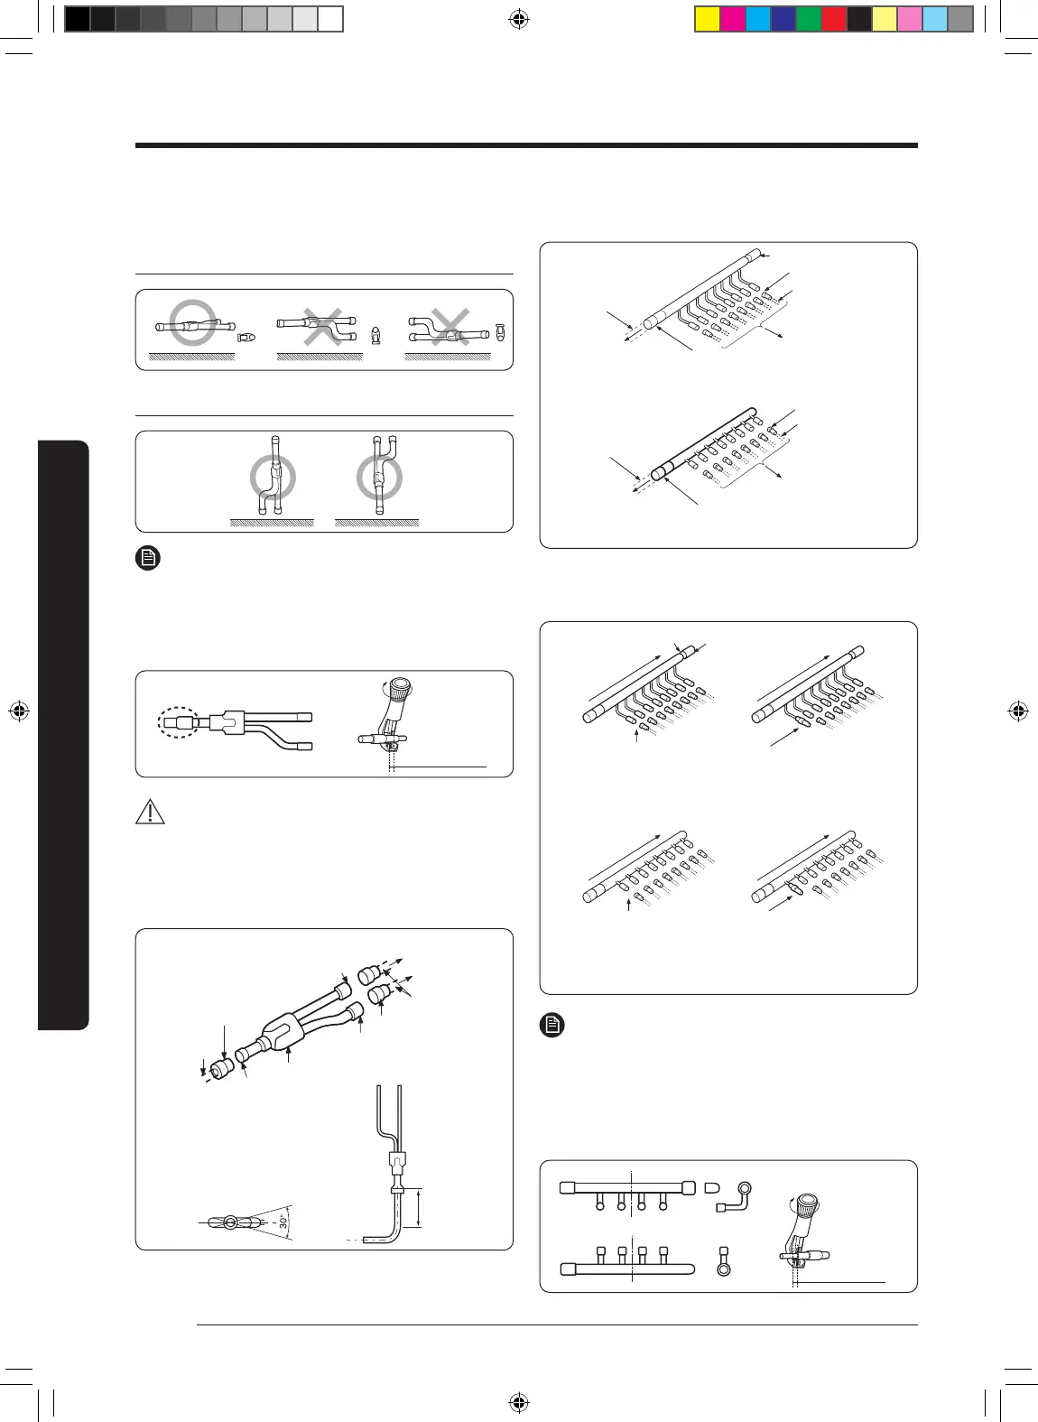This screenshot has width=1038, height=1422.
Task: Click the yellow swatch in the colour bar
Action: (x=707, y=19)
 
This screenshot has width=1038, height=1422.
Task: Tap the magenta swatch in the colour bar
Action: (x=732, y=19)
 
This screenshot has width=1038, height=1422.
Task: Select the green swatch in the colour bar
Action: (x=808, y=19)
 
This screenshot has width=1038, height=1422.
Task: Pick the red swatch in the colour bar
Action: (x=833, y=19)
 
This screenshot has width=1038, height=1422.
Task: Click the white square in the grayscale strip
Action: (x=330, y=19)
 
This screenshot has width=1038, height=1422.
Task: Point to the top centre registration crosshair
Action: (x=518, y=19)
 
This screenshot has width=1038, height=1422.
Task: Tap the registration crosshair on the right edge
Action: (x=1018, y=711)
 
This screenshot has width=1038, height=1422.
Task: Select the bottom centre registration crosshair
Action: (x=518, y=1402)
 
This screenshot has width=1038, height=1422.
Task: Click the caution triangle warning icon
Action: (x=150, y=812)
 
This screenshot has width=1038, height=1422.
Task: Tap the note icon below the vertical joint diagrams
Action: (x=148, y=558)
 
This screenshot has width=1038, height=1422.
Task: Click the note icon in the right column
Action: (x=552, y=1025)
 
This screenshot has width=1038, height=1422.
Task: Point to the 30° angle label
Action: (x=283, y=1222)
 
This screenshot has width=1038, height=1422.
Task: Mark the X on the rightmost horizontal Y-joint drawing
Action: (x=449, y=326)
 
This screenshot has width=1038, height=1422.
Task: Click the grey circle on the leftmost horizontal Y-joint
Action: (x=193, y=322)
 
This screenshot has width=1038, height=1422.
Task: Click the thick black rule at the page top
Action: (x=526, y=145)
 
